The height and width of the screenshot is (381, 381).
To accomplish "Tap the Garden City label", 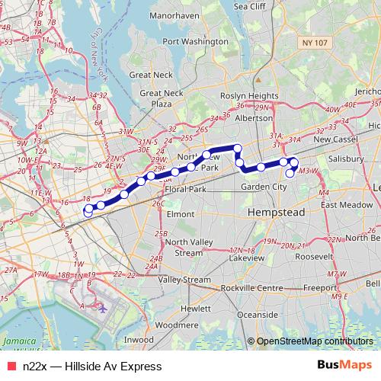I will tap(263, 187).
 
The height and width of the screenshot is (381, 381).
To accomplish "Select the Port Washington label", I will tap(190, 41).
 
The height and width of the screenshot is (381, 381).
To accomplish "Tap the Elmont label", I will tap(181, 215).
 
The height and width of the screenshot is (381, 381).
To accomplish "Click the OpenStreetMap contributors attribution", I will tap(314, 341).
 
